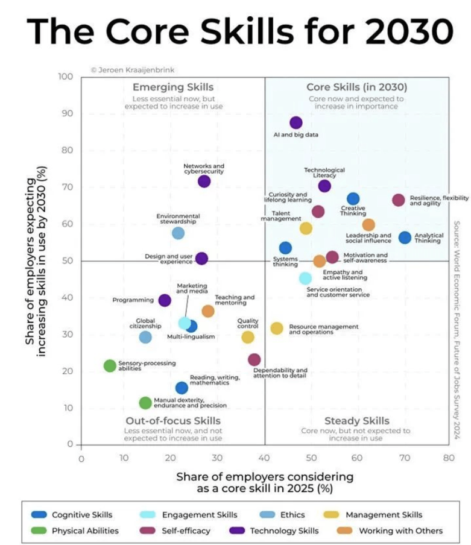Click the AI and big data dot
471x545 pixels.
(296, 123)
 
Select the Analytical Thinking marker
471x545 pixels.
(405, 238)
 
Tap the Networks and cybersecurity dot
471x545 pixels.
(204, 181)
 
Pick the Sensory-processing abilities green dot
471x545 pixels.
(110, 366)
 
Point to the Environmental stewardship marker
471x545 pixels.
(178, 233)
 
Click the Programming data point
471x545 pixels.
(165, 300)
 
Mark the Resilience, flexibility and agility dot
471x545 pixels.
(398, 200)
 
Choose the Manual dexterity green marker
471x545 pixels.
(145, 403)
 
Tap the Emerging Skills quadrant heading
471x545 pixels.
(173, 87)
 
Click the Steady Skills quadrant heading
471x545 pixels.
(357, 421)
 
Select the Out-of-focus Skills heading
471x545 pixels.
(173, 421)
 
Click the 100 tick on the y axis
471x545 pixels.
(66, 77)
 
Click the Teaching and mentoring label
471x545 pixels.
(235, 300)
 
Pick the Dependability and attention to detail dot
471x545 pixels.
(254, 360)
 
